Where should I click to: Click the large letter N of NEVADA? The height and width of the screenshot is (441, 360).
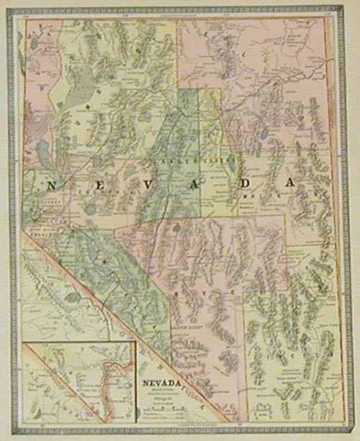click(x=51, y=185)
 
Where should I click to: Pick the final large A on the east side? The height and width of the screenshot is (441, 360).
click(x=289, y=183)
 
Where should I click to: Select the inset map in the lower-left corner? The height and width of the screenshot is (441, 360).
click(x=79, y=382)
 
